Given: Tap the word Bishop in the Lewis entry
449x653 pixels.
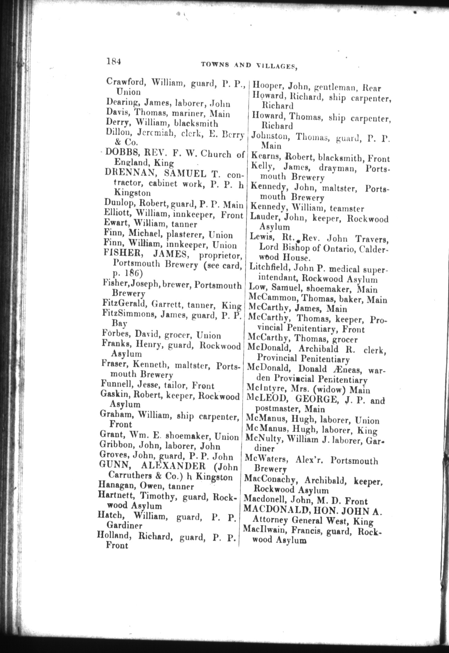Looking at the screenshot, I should point(292,247).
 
